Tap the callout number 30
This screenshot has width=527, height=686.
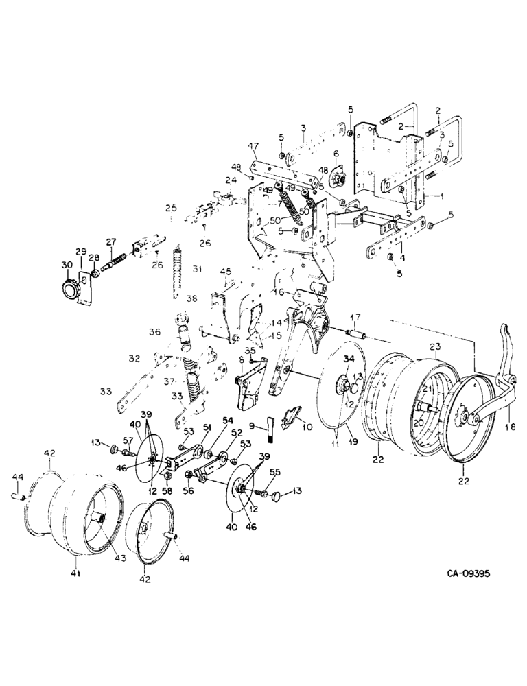(67, 265)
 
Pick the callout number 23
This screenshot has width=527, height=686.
(433, 347)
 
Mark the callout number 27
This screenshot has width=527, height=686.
(111, 241)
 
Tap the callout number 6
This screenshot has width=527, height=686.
(336, 153)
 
